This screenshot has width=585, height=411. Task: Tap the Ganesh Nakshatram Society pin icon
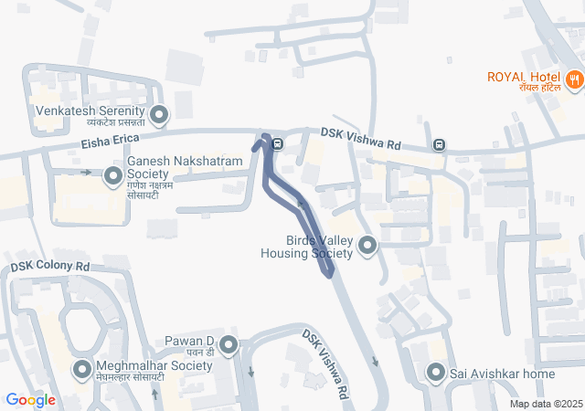113,174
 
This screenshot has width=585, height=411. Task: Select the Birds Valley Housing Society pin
367,245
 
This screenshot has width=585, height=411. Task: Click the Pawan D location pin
228,345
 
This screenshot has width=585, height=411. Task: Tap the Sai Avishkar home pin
434,373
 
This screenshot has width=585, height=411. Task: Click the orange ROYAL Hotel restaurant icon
574,79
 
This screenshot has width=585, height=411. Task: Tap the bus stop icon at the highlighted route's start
276,143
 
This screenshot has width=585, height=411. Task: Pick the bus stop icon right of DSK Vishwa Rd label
440,144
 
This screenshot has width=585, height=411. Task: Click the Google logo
30,400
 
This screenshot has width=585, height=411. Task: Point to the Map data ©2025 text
546,404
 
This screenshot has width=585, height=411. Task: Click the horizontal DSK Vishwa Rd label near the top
361,137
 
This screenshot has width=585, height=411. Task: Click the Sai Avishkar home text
502,374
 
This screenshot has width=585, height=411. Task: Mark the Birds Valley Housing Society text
306,247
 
